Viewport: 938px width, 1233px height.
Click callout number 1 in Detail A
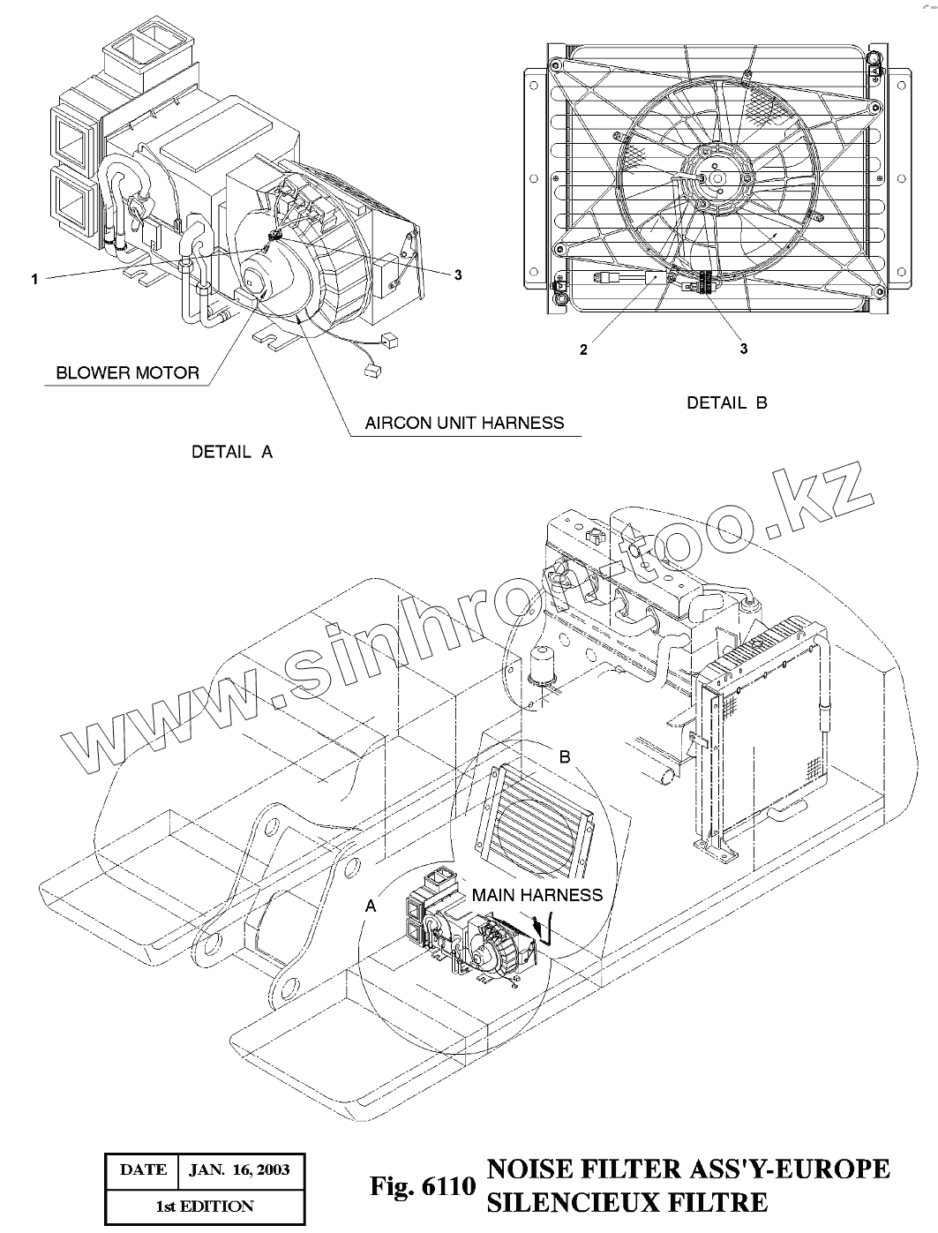[34, 279]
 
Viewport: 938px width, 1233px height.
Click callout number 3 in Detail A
[458, 274]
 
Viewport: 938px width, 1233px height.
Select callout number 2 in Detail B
[583, 350]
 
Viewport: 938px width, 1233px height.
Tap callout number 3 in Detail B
[743, 349]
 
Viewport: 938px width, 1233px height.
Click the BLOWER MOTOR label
[128, 372]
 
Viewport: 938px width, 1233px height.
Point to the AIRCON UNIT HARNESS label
[464, 423]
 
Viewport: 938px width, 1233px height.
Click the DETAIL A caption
[232, 452]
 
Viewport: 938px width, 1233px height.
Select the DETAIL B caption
[727, 402]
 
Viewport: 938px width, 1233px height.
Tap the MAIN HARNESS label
[537, 895]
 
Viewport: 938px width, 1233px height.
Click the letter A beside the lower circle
[371, 906]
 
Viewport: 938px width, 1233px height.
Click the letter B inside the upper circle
[566, 756]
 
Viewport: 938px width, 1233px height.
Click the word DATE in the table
[142, 1170]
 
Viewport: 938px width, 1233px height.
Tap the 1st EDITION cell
[206, 1206]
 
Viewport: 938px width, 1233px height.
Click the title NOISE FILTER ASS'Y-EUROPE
[688, 1169]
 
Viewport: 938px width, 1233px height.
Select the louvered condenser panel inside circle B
[536, 816]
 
